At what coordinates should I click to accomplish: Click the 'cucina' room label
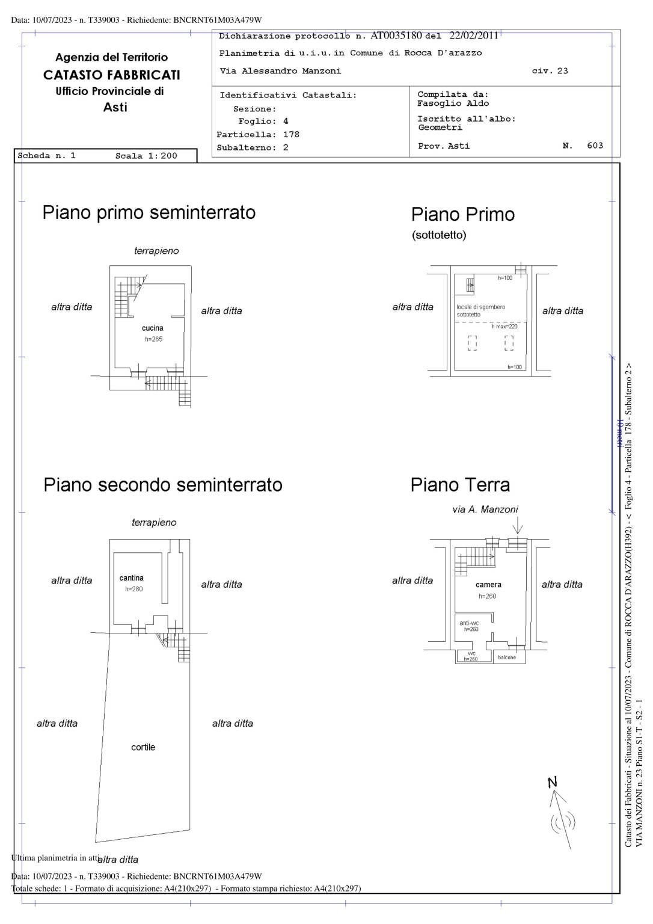point(152,328)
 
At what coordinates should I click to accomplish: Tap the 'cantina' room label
point(131,578)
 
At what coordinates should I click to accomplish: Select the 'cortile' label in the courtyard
point(143,747)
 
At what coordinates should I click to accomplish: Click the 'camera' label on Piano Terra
point(488,585)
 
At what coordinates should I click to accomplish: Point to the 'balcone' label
point(507,658)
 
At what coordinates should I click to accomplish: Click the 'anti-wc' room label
point(469,623)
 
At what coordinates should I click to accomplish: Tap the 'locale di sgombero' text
point(480,307)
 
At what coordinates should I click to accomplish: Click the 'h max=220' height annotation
point(504,327)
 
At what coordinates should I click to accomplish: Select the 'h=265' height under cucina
point(153,339)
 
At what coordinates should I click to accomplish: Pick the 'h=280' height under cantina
point(133,589)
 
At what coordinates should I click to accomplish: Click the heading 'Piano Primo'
point(462,214)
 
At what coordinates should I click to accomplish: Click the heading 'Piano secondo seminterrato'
point(163,485)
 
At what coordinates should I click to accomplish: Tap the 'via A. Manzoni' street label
point(485,510)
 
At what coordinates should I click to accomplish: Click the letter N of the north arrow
point(553,782)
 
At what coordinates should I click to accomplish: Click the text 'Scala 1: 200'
point(146,156)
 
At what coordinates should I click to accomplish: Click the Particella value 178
point(291,135)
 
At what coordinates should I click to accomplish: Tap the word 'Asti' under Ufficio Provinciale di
point(115,108)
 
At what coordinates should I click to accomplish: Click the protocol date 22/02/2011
point(474,35)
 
